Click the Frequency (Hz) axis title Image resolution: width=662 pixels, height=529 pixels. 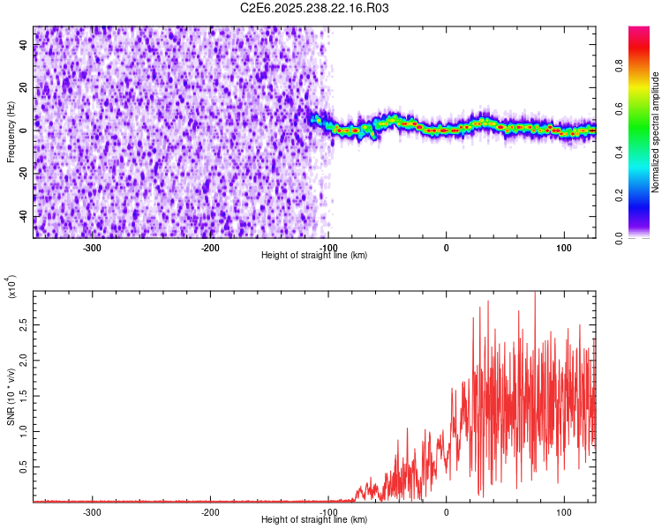(11, 132)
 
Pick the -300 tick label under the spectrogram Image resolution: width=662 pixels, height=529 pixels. (93, 248)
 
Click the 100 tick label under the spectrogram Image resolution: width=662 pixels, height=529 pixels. (563, 248)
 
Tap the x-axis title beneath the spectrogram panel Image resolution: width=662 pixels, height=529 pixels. (314, 256)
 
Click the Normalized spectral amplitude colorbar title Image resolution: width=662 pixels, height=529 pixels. (656, 132)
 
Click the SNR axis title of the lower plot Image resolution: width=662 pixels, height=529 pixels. (11, 396)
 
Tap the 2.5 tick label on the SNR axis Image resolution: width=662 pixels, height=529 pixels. (23, 325)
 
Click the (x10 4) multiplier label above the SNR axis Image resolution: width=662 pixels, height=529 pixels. (12, 287)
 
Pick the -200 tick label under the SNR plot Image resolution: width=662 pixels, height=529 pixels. (210, 512)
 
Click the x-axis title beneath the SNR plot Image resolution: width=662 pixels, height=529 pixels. (314, 520)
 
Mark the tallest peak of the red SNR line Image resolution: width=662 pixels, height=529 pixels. (535, 294)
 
